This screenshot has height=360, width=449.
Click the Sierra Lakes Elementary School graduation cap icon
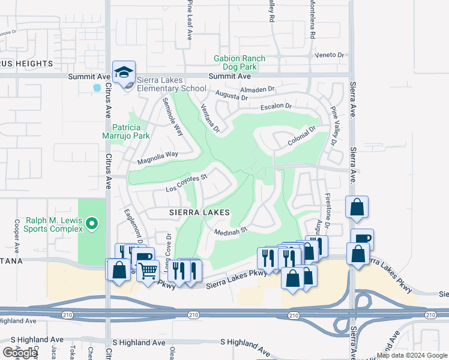pos(124,73)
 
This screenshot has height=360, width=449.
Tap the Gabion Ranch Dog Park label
pos(240,62)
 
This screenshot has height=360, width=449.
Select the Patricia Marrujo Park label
pos(130,131)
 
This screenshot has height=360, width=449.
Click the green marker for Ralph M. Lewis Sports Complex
pos(91,224)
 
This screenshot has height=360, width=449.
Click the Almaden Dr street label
pos(257,89)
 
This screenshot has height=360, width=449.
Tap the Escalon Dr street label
pos(276,107)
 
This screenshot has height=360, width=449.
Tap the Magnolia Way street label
pos(158,154)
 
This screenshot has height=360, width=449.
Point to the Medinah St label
pos(231,230)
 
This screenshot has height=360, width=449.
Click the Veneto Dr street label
pos(331,55)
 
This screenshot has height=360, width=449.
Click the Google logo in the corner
pos(20,353)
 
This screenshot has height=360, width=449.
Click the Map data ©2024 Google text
pos(412,355)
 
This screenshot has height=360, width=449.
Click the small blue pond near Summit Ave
pos(97,88)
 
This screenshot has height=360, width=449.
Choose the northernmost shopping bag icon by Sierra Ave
pos(357,207)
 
